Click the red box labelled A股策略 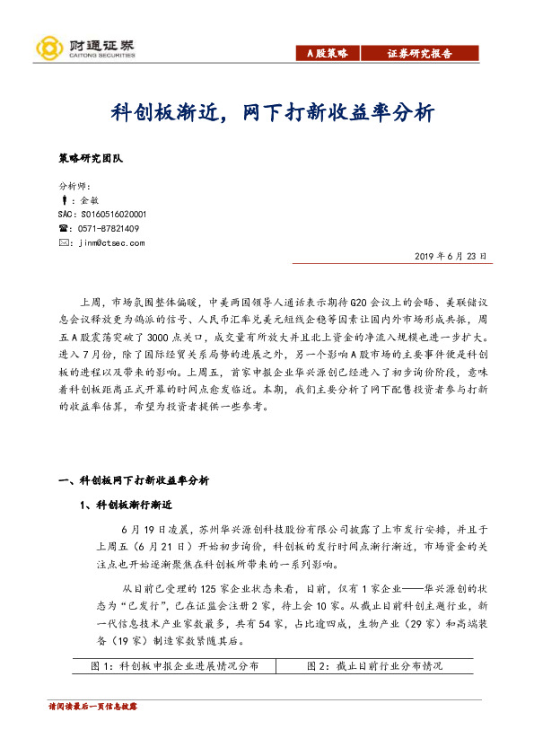point(327,53)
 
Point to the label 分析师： point(74,186)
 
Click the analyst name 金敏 point(88,200)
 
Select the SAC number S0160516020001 point(101,215)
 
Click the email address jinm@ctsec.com point(111,242)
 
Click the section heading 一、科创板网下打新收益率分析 point(134,481)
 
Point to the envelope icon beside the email point(62,242)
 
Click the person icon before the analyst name point(62,200)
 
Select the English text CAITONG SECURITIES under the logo point(101,54)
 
